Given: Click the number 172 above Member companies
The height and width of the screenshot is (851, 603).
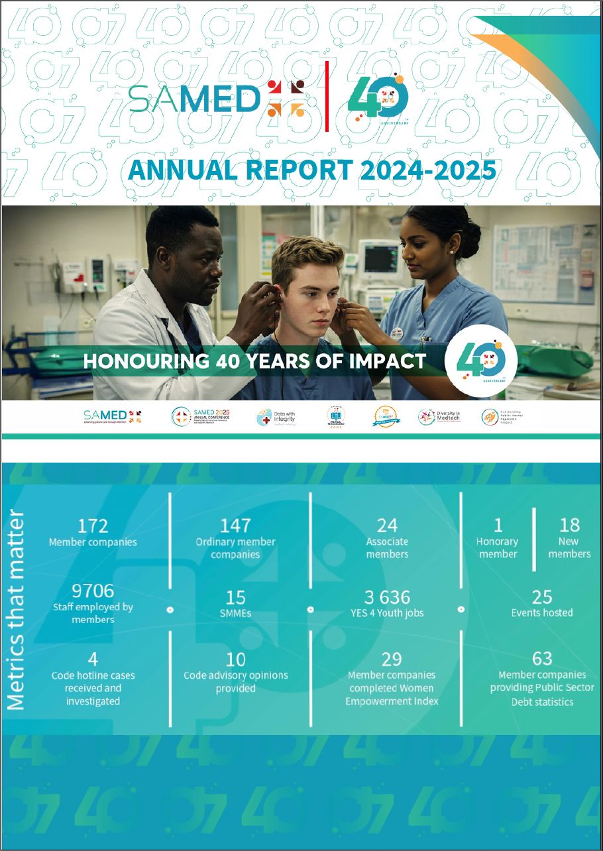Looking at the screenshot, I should [x=93, y=526].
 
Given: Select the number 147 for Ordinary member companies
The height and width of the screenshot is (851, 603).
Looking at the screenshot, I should [x=235, y=526].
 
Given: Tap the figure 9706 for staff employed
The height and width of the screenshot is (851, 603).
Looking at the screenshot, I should [x=93, y=591].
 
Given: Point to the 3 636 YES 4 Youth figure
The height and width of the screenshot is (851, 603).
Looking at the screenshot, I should [x=387, y=597].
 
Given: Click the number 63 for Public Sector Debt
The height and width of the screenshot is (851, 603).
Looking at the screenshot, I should [x=542, y=658].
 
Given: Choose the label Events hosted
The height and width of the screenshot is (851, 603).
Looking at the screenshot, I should [x=542, y=613].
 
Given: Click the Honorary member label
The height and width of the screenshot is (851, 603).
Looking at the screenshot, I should [x=498, y=547].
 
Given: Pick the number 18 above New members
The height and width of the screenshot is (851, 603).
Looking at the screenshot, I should [x=569, y=526].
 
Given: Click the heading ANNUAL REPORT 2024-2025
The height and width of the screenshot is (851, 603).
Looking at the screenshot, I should [x=311, y=170].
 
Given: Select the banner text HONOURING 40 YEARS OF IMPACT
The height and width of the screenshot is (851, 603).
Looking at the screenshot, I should [x=254, y=361].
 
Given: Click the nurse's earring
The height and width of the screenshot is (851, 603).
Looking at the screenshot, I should [x=451, y=252].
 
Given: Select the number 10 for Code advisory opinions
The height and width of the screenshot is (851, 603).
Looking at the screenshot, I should [x=235, y=659].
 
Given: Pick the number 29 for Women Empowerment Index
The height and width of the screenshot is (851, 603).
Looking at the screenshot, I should [x=392, y=659].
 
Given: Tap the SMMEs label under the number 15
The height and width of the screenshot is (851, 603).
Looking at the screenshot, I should [x=235, y=613].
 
